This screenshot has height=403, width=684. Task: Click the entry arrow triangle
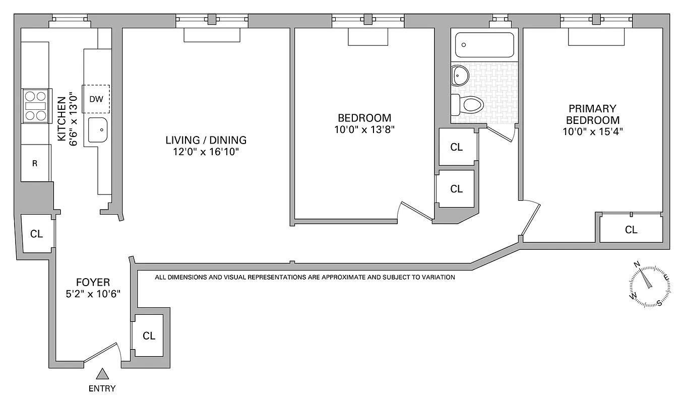[x=103, y=373]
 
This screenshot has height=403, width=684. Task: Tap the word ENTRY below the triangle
[x=102, y=388]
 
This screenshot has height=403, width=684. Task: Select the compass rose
[x=650, y=285]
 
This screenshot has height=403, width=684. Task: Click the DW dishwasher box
[x=96, y=99]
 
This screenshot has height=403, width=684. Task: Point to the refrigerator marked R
[x=35, y=163]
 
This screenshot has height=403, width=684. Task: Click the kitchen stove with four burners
[x=36, y=106]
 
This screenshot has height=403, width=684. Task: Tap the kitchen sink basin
[x=98, y=130]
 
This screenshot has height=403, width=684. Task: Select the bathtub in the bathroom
[x=484, y=45]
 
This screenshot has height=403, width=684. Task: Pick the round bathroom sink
[x=460, y=76]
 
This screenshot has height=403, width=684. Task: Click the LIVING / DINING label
[x=206, y=140]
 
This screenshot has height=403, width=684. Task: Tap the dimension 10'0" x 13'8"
[x=364, y=129]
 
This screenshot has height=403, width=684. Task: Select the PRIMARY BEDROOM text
[x=592, y=114]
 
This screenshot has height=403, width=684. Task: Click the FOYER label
[x=93, y=282]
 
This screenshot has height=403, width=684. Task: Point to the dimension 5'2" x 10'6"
[x=93, y=294]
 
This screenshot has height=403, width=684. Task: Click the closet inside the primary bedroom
[x=631, y=230]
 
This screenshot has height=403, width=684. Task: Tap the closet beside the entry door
[x=148, y=335]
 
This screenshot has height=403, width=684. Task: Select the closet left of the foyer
[x=36, y=234]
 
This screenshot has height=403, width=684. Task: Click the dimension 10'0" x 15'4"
[x=592, y=132]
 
